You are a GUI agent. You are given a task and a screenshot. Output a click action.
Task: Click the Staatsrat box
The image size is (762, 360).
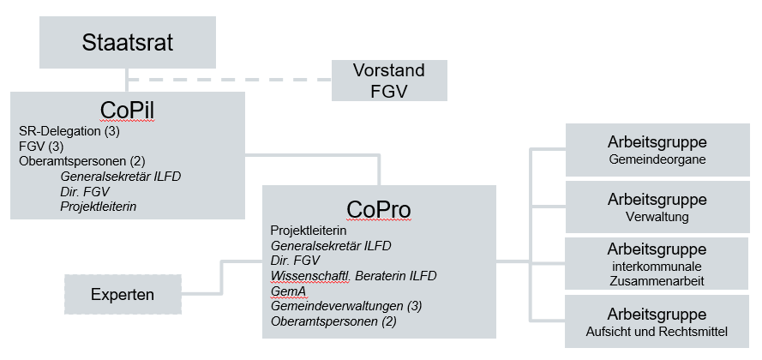tap(128, 42)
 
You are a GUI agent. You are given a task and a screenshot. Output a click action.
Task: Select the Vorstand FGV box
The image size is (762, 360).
tap(389, 81)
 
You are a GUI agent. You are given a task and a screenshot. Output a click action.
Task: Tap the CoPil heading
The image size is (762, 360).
tap(128, 111)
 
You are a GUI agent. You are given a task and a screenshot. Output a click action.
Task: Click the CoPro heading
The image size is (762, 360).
tap(379, 210)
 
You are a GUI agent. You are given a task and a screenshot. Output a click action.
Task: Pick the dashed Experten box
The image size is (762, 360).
tap(123, 294)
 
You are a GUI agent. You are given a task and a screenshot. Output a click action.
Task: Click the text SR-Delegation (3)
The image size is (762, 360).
tap(69, 131)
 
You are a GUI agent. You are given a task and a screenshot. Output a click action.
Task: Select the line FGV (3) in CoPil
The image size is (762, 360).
tap(41, 146)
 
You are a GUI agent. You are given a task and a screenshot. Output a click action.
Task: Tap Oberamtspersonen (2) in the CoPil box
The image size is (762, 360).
tap(82, 161)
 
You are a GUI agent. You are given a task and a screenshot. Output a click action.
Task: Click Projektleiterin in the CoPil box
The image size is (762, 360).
tap(99, 207)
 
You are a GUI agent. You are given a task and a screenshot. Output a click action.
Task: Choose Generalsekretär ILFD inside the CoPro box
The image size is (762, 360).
tap(331, 246)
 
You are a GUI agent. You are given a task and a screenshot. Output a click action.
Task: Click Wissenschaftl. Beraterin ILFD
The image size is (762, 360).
tap(353, 276)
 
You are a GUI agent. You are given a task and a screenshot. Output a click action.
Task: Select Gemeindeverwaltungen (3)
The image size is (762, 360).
tap(346, 306)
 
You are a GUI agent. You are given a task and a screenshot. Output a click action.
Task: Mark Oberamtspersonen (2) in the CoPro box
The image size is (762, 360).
tap(333, 321)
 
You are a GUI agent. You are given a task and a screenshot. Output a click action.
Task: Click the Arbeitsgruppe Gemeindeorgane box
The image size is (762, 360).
tap(657, 150)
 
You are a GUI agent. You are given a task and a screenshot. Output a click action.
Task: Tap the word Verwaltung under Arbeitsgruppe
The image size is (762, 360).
tap(657, 217)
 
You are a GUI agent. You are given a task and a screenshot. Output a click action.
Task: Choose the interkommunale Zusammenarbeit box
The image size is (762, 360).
tap(657, 263)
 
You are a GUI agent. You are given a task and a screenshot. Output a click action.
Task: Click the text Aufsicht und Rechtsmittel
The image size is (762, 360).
tap(657, 333)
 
